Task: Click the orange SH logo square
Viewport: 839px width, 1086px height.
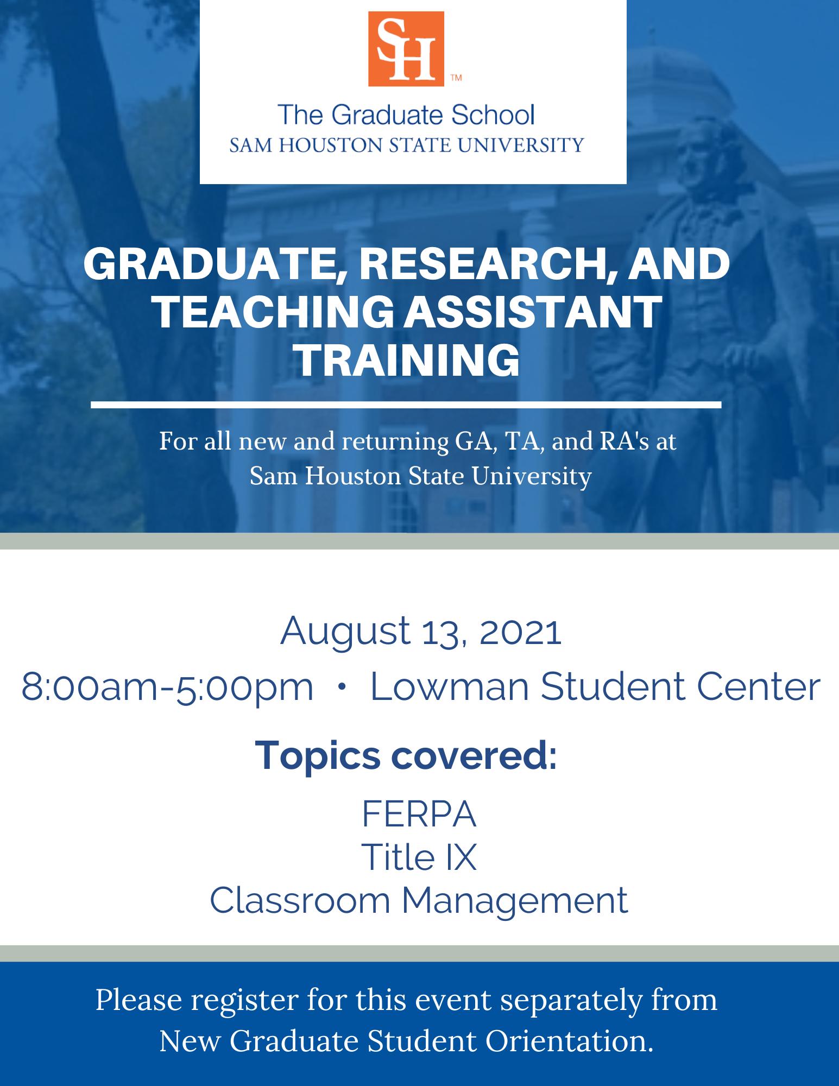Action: click(x=406, y=49)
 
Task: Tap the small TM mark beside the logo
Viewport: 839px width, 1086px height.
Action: click(x=456, y=78)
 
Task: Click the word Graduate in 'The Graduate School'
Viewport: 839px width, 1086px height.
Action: click(x=387, y=116)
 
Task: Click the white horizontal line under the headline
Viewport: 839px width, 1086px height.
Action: click(x=406, y=405)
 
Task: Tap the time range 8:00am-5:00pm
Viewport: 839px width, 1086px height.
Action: click(x=167, y=687)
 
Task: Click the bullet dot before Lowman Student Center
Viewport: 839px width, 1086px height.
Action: click(x=342, y=686)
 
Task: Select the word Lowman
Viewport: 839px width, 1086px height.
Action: click(x=450, y=687)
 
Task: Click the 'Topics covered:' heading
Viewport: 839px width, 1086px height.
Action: click(x=406, y=755)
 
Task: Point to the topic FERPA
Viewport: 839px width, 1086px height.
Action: click(x=419, y=814)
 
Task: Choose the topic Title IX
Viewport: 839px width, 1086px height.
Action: click(x=419, y=857)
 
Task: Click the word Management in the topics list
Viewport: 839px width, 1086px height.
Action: click(x=514, y=901)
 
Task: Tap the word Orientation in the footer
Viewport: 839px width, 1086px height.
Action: click(x=569, y=1041)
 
